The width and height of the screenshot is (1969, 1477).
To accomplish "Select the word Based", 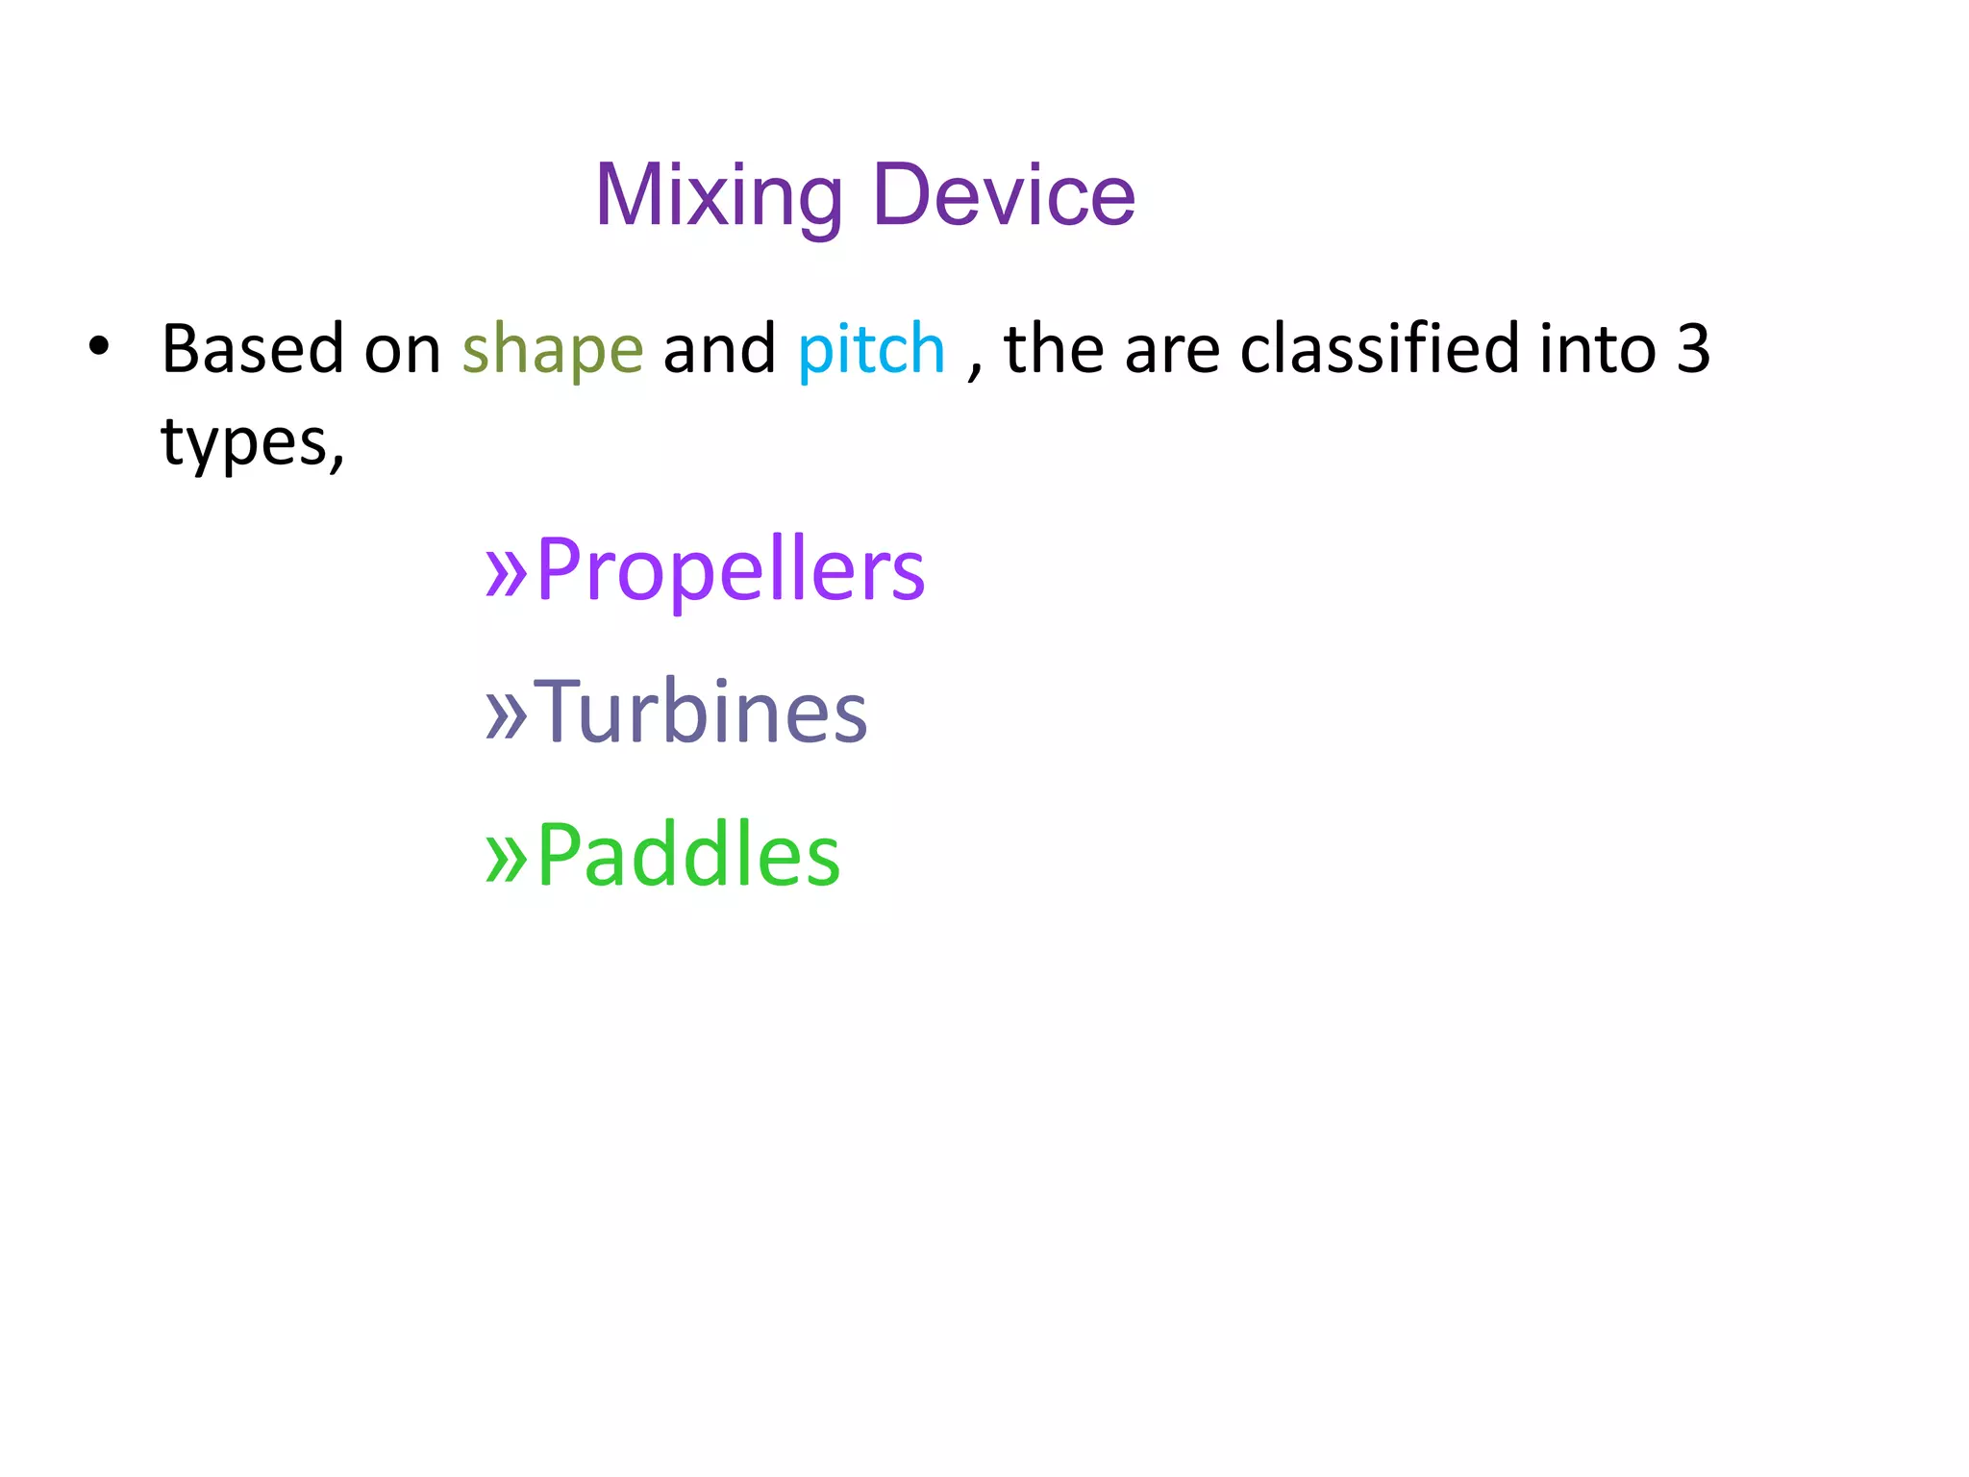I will (252, 348).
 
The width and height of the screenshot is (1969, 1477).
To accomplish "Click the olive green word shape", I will (552, 350).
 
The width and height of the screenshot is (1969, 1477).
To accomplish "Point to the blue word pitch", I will (871, 350).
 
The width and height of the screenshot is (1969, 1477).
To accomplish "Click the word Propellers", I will (730, 571).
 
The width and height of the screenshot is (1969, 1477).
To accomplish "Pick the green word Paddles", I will (687, 855).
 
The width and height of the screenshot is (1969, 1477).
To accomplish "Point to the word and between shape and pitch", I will (719, 348).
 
